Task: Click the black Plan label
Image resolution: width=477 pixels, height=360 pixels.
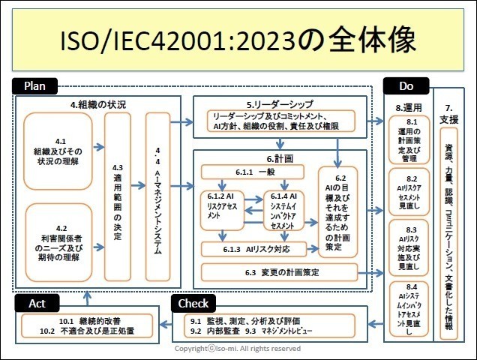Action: click(35, 86)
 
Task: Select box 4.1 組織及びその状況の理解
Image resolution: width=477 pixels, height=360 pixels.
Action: click(58, 151)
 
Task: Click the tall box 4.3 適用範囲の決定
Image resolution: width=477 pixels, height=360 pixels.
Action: click(116, 196)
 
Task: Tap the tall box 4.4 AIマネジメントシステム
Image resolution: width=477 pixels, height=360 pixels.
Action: click(157, 196)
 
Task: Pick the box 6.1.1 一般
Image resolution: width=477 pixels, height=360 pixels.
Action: click(254, 172)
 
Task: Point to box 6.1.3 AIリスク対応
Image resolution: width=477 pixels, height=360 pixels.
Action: click(254, 248)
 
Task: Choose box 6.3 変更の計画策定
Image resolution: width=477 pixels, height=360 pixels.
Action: click(279, 271)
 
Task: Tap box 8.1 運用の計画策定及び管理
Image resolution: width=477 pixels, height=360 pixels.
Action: click(411, 139)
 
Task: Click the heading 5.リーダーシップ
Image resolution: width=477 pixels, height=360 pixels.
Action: click(279, 103)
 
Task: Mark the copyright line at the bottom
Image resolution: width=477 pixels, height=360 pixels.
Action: click(238, 349)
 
